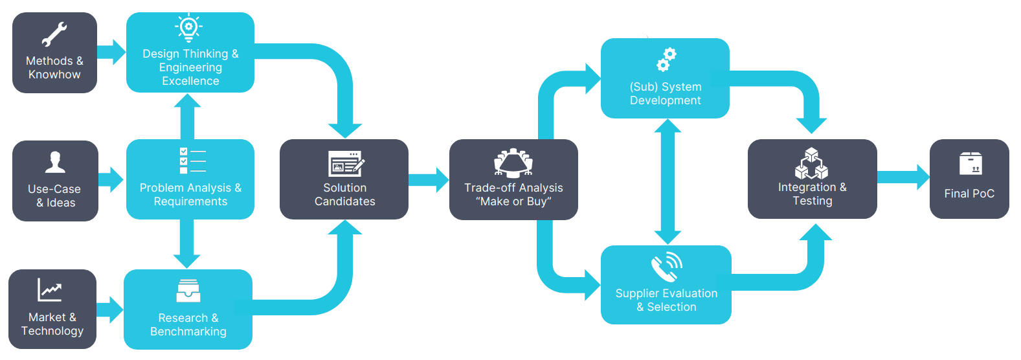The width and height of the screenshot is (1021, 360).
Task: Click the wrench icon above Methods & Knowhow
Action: click(54, 34)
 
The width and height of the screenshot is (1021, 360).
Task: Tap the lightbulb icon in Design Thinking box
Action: click(189, 28)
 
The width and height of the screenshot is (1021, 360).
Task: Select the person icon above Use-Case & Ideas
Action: click(55, 162)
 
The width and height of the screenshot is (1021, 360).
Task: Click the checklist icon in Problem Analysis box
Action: click(192, 161)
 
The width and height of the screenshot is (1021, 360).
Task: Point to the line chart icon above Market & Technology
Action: click(50, 290)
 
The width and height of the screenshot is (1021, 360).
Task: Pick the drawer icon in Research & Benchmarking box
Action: click(188, 291)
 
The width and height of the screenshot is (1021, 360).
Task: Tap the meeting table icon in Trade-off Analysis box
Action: click(513, 163)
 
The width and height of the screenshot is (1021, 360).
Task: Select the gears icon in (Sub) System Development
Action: click(666, 60)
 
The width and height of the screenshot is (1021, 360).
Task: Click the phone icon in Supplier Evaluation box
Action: click(667, 266)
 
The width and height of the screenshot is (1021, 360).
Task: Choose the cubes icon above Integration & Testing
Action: click(811, 163)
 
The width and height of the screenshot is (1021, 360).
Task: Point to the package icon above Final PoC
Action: click(971, 164)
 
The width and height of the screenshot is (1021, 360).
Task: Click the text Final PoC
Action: click(969, 194)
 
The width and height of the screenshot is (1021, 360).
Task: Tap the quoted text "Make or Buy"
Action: click(513, 201)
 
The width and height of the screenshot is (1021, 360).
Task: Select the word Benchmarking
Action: click(188, 332)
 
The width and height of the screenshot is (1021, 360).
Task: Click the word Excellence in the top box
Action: click(190, 81)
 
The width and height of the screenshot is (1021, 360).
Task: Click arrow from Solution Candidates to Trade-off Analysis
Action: click(429, 179)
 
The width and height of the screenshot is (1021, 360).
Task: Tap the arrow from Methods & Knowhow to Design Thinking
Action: click(111, 52)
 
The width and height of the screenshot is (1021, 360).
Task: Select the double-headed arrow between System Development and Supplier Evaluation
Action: click(668, 182)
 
